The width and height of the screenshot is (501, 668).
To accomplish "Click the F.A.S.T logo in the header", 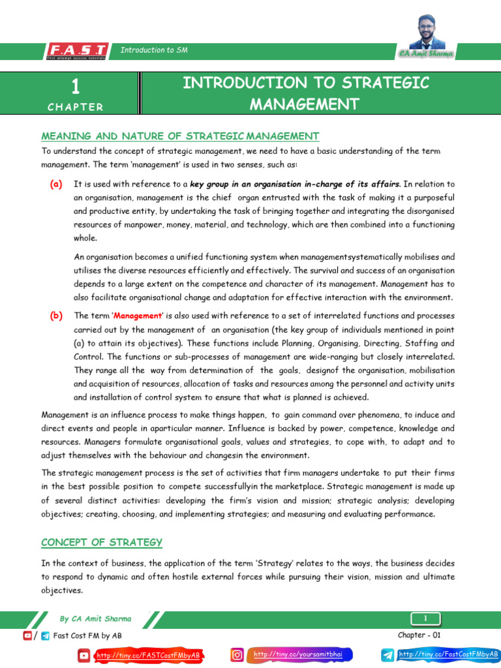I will pos(77,50).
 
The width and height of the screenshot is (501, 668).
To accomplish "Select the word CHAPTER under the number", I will pos(75,107).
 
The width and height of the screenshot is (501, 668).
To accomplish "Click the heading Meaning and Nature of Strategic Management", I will pos(180,136).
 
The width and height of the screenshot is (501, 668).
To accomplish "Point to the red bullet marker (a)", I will pos(56,184).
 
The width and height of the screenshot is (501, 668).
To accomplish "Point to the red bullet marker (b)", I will pos(56,316).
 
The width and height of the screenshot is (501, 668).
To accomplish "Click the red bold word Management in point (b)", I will pos(137,316).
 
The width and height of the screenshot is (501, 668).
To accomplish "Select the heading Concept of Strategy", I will pos(102,542).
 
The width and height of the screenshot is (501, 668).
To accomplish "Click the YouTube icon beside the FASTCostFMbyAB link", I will pos(84,655).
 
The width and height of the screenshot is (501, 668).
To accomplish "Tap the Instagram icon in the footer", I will pos(239,654).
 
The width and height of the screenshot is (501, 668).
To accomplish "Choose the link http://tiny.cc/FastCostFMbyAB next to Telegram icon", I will pos(448,654).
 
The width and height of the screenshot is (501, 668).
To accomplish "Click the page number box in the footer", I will pos(425,618).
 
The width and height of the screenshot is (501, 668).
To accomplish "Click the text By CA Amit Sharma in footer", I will pos(95,618).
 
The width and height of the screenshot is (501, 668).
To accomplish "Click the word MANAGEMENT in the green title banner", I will pos(305,104).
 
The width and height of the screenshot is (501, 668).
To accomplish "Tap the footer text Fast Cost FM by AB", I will pos(87,635).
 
